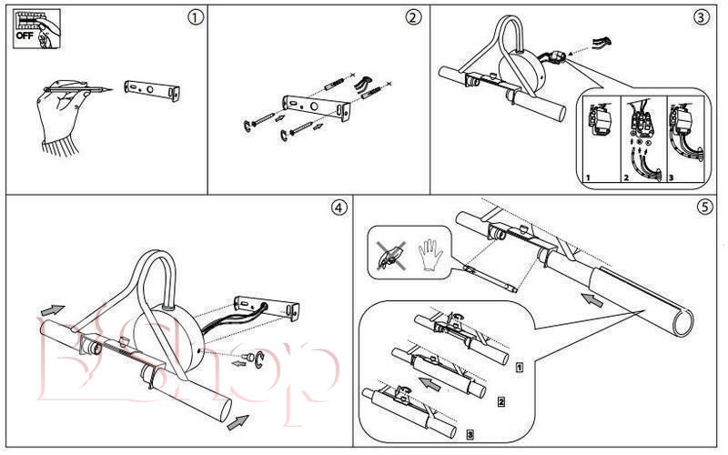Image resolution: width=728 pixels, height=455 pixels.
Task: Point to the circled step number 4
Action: point(339,207)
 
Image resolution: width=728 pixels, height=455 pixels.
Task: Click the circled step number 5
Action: point(703,207)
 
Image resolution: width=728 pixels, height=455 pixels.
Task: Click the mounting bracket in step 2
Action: point(315,107)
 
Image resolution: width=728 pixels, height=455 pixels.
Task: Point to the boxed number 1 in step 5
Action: point(518,368)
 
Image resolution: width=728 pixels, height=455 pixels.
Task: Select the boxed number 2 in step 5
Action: point(501,400)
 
